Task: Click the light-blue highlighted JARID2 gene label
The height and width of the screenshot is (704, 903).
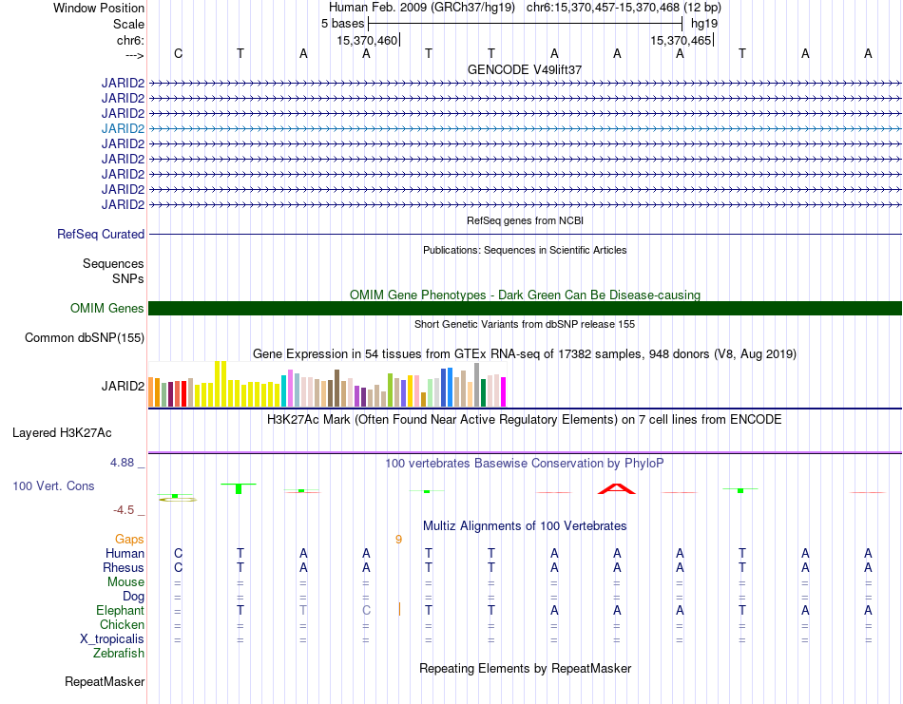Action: (x=123, y=128)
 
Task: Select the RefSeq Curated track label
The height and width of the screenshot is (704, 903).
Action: (x=101, y=235)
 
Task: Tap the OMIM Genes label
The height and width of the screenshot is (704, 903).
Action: (x=107, y=308)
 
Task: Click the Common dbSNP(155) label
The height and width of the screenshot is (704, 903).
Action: (x=85, y=338)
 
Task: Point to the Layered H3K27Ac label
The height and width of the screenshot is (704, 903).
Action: (x=62, y=433)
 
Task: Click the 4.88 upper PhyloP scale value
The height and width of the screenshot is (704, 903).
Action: (x=122, y=463)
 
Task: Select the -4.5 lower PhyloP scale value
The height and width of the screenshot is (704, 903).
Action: (x=124, y=510)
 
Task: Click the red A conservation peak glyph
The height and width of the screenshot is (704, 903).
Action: (x=616, y=489)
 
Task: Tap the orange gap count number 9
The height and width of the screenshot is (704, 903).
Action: (x=398, y=540)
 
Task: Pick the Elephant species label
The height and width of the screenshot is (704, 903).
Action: (x=120, y=610)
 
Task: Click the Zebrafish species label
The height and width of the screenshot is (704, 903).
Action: (x=119, y=654)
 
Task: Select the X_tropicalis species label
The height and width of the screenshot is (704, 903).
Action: (x=112, y=639)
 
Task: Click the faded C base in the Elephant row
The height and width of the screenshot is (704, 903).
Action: (x=366, y=610)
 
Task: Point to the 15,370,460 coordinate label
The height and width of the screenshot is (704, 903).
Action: (x=367, y=40)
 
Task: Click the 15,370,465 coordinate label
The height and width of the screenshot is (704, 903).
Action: (x=681, y=40)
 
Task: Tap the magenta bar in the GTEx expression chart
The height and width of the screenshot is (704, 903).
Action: (x=504, y=392)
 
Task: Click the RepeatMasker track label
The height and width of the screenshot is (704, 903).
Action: (x=105, y=682)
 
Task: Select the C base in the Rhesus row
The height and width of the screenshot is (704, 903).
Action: (x=178, y=567)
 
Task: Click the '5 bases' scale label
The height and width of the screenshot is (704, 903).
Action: (x=342, y=24)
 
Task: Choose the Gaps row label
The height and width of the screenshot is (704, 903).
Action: (x=129, y=540)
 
